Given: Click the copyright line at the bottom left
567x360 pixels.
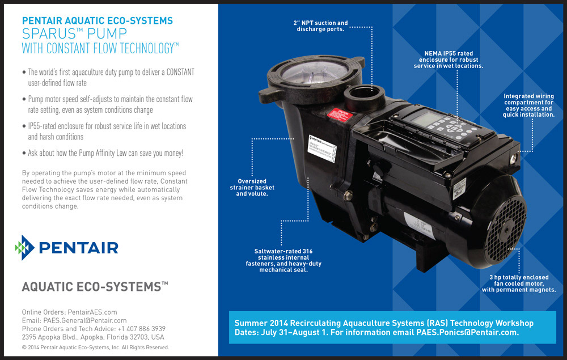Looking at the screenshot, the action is pyautogui.click(x=95, y=347).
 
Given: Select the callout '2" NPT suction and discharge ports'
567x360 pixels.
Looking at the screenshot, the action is pyautogui.click(x=321, y=26).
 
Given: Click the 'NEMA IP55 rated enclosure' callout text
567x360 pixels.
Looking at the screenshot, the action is pyautogui.click(x=448, y=60).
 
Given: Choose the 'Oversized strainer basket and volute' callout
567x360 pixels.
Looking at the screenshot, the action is pyautogui.click(x=252, y=188).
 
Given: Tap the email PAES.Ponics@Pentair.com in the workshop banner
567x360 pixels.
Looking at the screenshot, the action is pyautogui.click(x=467, y=333).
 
